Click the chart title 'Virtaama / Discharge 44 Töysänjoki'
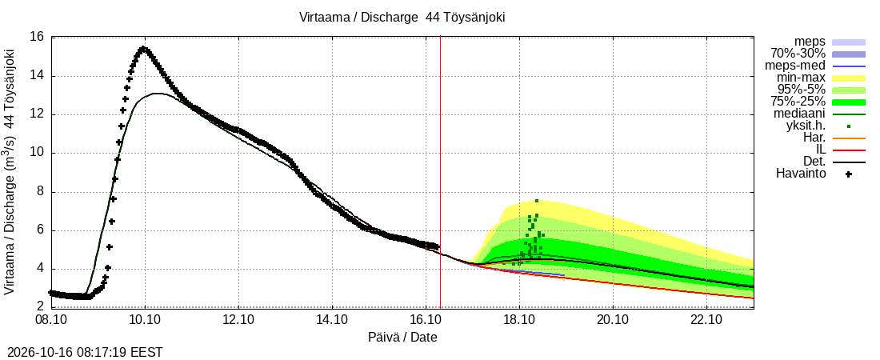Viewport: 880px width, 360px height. click(403, 17)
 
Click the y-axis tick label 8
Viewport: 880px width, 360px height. click(39, 192)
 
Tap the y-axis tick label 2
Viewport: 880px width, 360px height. click(39, 307)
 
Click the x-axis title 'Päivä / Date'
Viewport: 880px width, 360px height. click(402, 338)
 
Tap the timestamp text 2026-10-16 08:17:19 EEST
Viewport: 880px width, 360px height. click(82, 353)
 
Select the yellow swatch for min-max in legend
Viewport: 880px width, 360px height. click(849, 78)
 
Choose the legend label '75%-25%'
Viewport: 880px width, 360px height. click(798, 102)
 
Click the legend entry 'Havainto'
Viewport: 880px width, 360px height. click(800, 174)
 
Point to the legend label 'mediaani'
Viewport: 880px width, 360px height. click(801, 114)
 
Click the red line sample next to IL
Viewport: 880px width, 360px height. click(849, 150)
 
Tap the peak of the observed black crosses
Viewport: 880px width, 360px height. click(143, 49)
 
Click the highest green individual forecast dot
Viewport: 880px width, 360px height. click(537, 201)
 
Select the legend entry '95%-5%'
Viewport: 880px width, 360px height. click(801, 90)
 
